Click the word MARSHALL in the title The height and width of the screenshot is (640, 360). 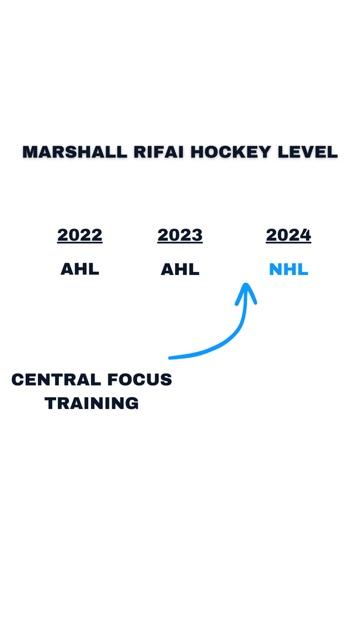click(74, 152)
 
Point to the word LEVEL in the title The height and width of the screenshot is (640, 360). click(308, 152)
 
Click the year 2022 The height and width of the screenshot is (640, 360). click(79, 234)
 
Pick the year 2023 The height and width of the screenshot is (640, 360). click(180, 234)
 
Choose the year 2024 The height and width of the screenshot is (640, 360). click(288, 234)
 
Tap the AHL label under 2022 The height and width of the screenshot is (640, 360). click(79, 269)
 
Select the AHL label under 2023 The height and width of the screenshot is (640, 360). click(180, 269)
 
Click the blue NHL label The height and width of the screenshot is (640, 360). click(288, 269)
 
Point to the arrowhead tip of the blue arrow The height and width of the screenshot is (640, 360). click(246, 283)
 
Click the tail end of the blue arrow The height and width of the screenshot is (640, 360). click(170, 358)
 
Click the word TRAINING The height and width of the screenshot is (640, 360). click(92, 403)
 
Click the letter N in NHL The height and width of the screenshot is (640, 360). click(276, 269)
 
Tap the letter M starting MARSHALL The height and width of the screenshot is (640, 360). click(30, 152)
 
